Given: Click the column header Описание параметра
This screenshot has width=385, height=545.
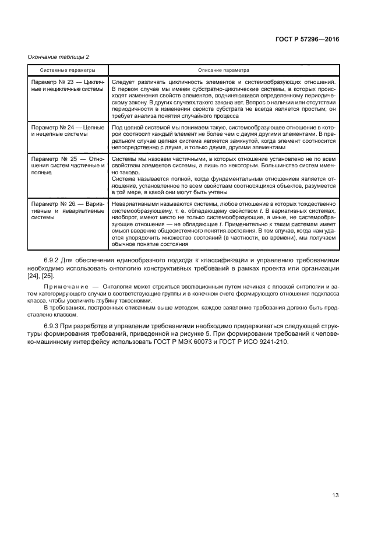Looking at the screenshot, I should tap(223, 69).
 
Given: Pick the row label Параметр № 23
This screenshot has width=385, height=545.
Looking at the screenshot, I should tap(55, 82).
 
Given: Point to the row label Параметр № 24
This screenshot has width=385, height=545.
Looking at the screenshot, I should tap(55, 127).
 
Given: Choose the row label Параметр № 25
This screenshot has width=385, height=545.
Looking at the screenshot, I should tap(56, 159).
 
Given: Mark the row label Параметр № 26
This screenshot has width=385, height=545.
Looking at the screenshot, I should tap(55, 204).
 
